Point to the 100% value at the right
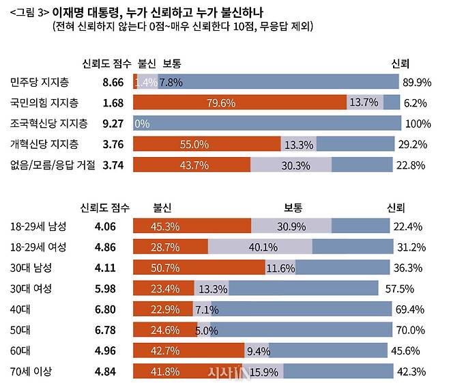point(418,124)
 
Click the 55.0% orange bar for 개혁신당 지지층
point(207,144)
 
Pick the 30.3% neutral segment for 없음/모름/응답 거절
point(291,165)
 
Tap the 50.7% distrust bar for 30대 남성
point(199,267)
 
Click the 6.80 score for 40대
point(112,309)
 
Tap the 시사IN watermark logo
point(225,372)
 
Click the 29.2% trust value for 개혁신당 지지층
point(415,144)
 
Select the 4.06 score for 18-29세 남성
point(112,226)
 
